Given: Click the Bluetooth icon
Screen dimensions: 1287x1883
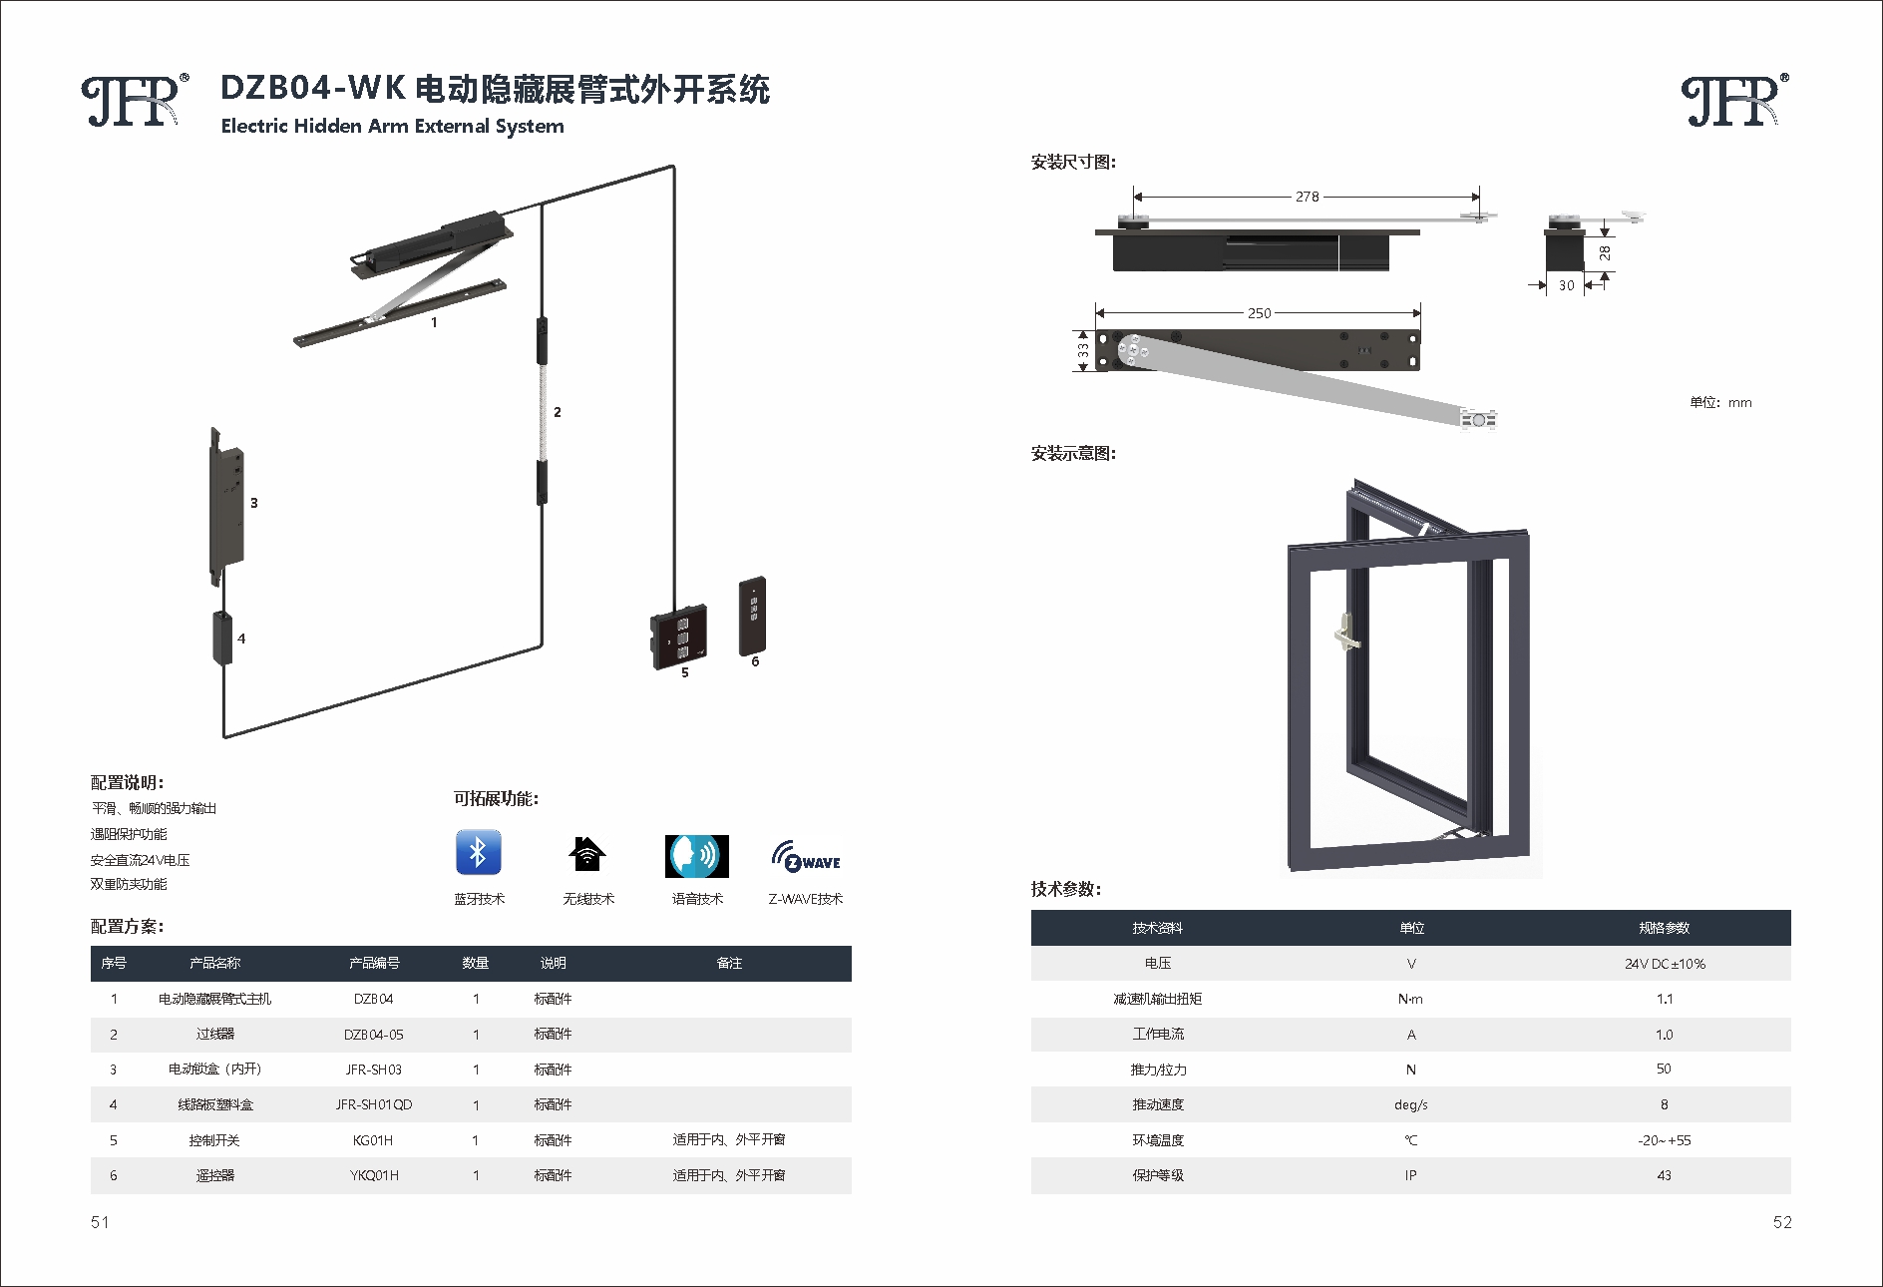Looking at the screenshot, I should pyautogui.click(x=478, y=853).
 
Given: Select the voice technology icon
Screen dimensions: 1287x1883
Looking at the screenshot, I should pyautogui.click(x=696, y=856).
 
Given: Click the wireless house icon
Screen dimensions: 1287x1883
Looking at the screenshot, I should pyautogui.click(x=587, y=854).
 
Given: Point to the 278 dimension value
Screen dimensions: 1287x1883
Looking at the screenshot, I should pyautogui.click(x=1307, y=197).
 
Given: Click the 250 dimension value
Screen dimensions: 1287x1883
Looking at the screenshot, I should pyautogui.click(x=1259, y=313).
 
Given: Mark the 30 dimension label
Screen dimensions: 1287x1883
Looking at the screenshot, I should pyautogui.click(x=1566, y=285).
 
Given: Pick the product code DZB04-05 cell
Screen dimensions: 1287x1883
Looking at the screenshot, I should pyautogui.click(x=374, y=1035).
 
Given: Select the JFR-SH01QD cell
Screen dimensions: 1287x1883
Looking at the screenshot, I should pyautogui.click(x=374, y=1104).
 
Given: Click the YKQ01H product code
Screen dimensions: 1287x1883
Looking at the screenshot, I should pyautogui.click(x=374, y=1175).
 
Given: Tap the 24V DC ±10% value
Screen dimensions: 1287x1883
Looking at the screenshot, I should pyautogui.click(x=1664, y=964).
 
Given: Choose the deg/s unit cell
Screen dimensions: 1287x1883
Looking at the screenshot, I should pyautogui.click(x=1410, y=1104).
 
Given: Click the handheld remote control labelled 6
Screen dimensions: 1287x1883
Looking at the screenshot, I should pyautogui.click(x=753, y=616).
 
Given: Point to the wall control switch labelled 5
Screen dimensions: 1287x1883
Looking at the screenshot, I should pyautogui.click(x=679, y=636).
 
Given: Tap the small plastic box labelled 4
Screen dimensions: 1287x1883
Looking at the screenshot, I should pyautogui.click(x=221, y=638).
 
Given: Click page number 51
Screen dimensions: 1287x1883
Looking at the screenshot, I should pyautogui.click(x=100, y=1222).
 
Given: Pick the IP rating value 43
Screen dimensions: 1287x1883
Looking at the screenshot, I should pyautogui.click(x=1664, y=1175).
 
